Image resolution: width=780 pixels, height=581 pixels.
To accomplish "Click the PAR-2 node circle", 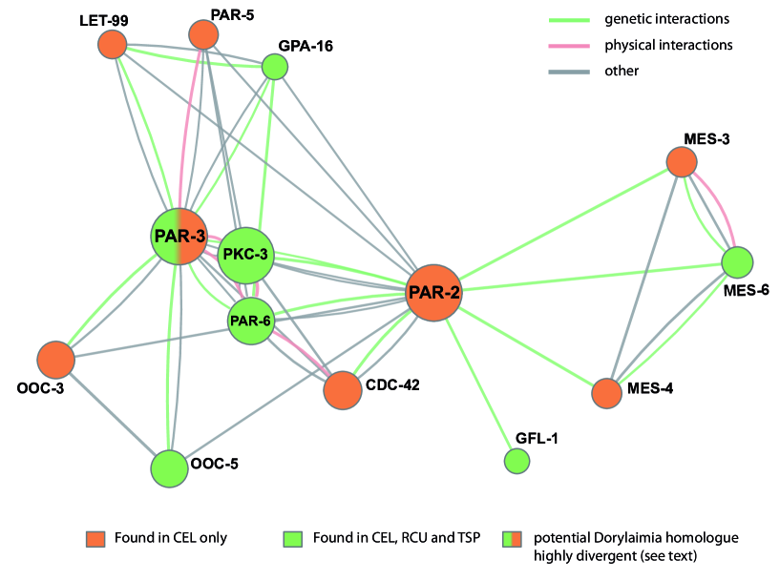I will tap(434, 293).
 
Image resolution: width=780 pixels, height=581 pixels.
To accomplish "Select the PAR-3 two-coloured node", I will tap(179, 237).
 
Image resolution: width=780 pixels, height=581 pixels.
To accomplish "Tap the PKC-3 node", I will tap(247, 255).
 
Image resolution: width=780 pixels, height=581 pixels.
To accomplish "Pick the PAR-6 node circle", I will tap(251, 321).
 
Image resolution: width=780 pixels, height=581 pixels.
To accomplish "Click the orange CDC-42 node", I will tap(342, 389).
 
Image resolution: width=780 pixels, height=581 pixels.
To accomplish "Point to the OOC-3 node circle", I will tap(56, 361).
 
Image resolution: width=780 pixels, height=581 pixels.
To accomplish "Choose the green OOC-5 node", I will tap(169, 468).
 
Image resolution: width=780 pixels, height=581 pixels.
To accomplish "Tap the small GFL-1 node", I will tap(517, 461).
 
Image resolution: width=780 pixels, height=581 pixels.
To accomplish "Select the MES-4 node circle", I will tap(606, 393).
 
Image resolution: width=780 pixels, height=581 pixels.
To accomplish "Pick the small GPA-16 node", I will tap(275, 66).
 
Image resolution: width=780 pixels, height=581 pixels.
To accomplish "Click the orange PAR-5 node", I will tap(203, 35).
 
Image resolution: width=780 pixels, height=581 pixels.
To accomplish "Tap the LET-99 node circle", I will tap(113, 44).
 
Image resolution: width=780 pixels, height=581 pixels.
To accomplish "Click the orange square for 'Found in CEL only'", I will tap(93, 539).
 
